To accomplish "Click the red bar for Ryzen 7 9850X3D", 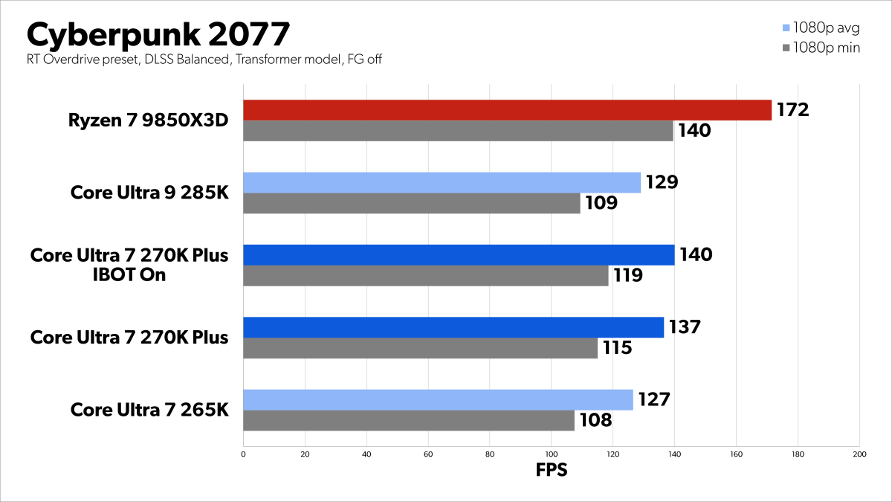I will pyautogui.click(x=507, y=110).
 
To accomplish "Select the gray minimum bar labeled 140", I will pyautogui.click(x=458, y=131).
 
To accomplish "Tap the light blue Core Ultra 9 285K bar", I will pyautogui.click(x=442, y=182).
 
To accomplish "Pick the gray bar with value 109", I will pyautogui.click(x=411, y=203).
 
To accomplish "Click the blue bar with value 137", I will pyautogui.click(x=453, y=327).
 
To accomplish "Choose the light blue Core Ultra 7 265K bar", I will pyautogui.click(x=438, y=399).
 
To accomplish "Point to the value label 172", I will pyautogui.click(x=792, y=110).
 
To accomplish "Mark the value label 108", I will pyautogui.click(x=595, y=420).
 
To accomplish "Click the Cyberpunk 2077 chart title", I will pyautogui.click(x=158, y=34).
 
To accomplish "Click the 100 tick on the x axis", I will pyautogui.click(x=551, y=453).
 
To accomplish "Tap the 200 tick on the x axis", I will pyautogui.click(x=858, y=453).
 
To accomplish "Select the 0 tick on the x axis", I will pyautogui.click(x=244, y=453).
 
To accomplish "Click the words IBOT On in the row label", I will pyautogui.click(x=129, y=275).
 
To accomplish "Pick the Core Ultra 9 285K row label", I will pyautogui.click(x=149, y=193).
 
